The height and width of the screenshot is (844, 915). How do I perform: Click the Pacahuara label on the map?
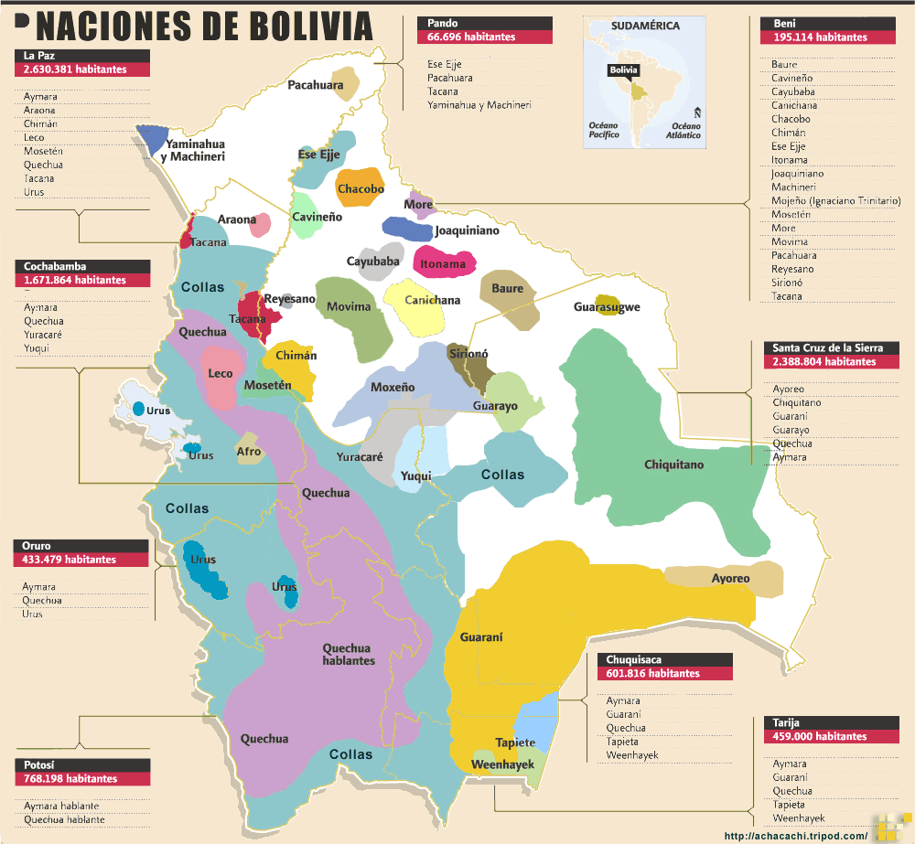316,85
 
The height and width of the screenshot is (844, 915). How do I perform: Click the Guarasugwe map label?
607,307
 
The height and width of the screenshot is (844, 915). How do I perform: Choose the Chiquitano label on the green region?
673,465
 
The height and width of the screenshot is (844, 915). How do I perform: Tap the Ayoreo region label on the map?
730,578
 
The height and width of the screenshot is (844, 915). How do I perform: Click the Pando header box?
484,23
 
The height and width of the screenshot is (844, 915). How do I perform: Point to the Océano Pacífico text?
604,130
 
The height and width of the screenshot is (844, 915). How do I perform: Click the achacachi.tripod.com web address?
795,836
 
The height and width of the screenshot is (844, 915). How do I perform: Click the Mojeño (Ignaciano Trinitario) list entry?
835,200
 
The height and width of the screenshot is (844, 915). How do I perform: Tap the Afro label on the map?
248,451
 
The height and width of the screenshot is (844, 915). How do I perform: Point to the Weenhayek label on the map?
502,764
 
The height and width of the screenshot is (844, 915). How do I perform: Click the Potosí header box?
81,764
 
